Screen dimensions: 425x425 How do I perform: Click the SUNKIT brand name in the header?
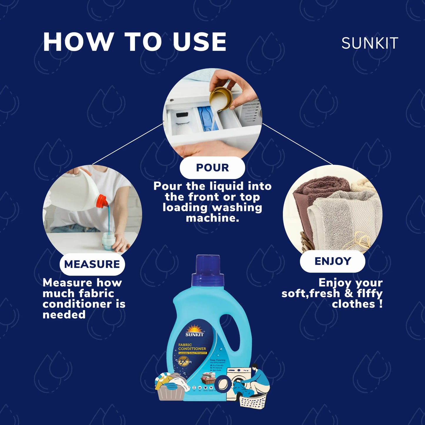pyautogui.click(x=369, y=44)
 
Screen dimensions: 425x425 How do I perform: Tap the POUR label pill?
pyautogui.click(x=212, y=168)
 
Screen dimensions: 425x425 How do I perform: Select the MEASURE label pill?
pyautogui.click(x=92, y=264)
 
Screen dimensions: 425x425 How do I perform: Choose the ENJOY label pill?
pyautogui.click(x=333, y=261)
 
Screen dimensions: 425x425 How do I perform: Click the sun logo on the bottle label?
pyautogui.click(x=194, y=329)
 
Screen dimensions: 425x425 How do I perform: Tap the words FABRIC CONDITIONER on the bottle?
pyautogui.click(x=192, y=347)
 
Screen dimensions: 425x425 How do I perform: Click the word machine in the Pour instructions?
pyautogui.click(x=212, y=218)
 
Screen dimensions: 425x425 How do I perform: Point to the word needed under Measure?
pyautogui.click(x=64, y=315)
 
